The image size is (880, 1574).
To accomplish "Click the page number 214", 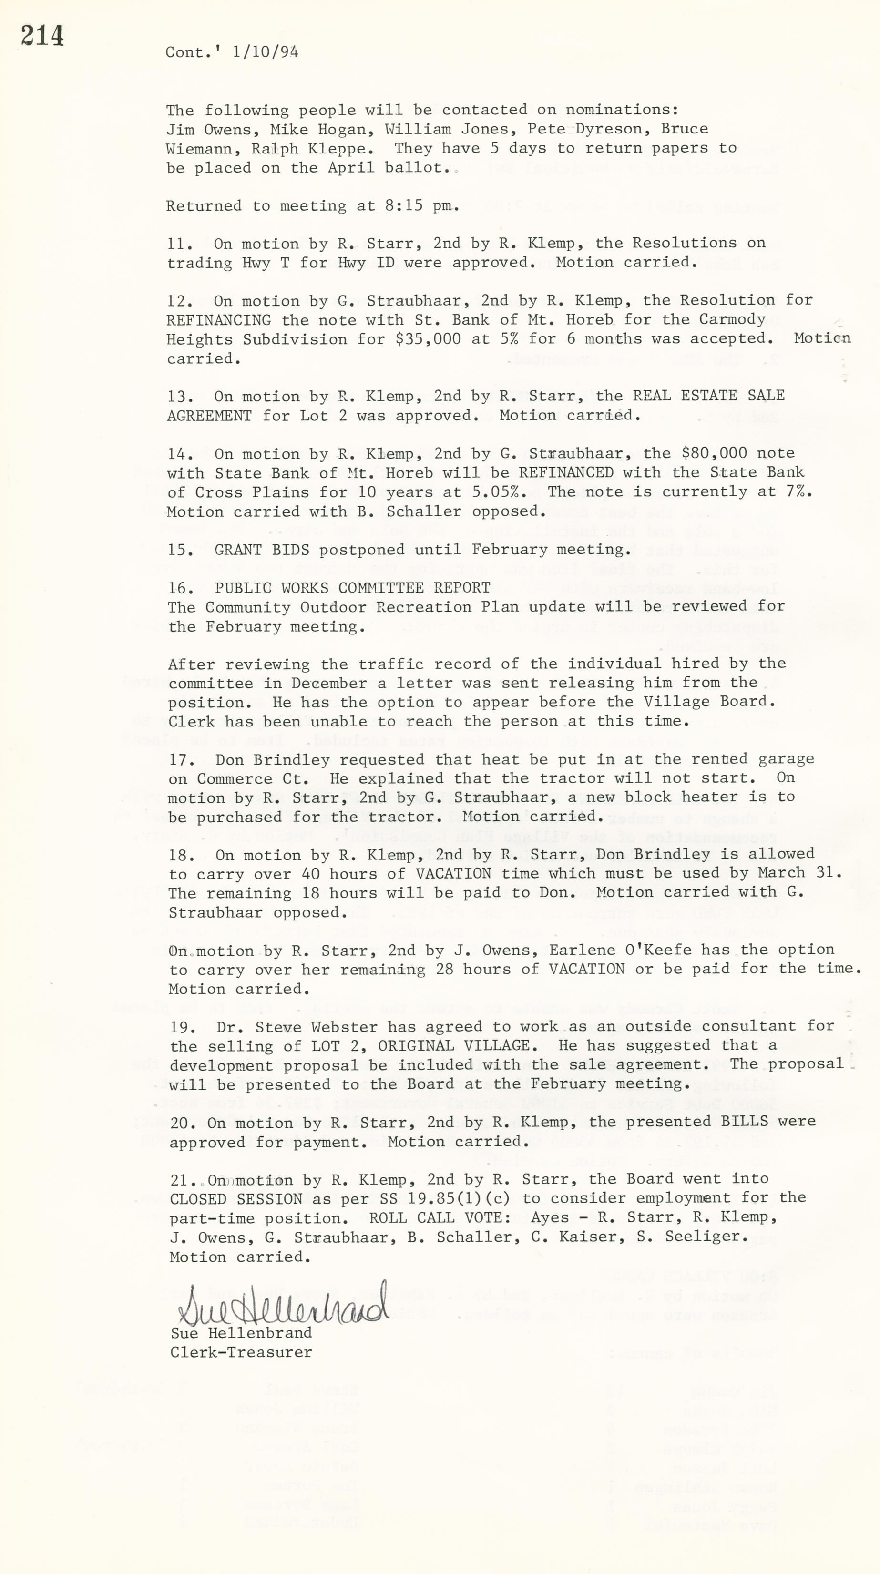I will pyautogui.click(x=42, y=37).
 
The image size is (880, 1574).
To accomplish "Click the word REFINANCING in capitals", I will pyautogui.click(x=219, y=319).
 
